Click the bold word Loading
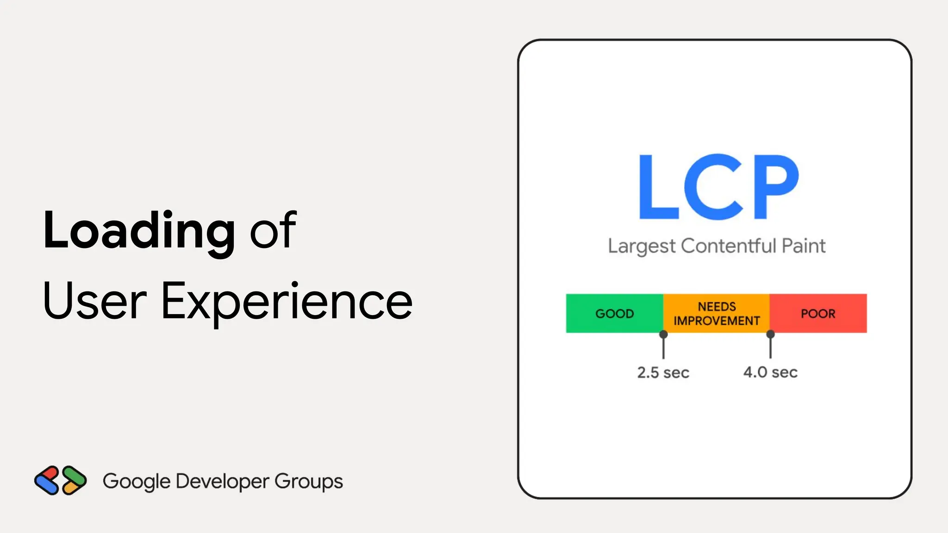click(139, 230)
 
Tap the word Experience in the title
click(287, 301)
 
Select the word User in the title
click(95, 301)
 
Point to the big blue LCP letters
click(718, 187)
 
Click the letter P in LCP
click(776, 187)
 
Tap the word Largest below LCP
click(642, 246)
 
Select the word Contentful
click(728, 246)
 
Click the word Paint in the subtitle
click(804, 246)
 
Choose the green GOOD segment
click(614, 313)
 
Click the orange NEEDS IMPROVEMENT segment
click(717, 313)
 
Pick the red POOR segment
click(818, 313)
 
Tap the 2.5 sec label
click(663, 372)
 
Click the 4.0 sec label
click(770, 372)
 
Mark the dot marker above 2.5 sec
click(663, 334)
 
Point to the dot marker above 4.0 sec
click(770, 334)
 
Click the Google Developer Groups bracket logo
click(61, 480)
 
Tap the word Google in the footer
click(137, 482)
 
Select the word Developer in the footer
click(222, 482)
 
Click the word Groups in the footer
click(309, 482)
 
